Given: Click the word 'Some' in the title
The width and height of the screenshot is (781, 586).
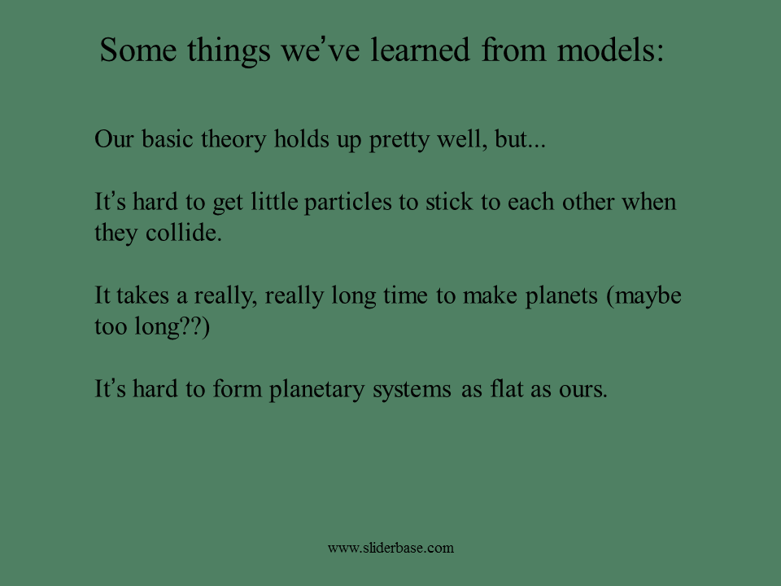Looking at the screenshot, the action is coord(138,50).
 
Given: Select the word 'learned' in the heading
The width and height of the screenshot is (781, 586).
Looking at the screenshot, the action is coord(420,50).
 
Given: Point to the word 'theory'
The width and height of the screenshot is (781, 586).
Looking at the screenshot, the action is coord(233,140).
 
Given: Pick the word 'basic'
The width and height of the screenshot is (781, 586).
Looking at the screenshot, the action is coord(168,138).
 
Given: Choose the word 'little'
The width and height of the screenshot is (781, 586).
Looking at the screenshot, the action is coord(274,202).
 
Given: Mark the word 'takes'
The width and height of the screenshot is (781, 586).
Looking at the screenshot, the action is coord(142,295).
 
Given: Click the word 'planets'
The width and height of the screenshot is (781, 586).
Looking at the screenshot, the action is coord(561,296).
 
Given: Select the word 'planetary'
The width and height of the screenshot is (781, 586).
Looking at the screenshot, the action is coord(316,390).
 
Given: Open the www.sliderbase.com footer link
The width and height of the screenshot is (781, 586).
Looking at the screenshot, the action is coord(391,548).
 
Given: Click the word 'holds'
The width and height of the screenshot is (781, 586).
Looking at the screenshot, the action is coord(301,138).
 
